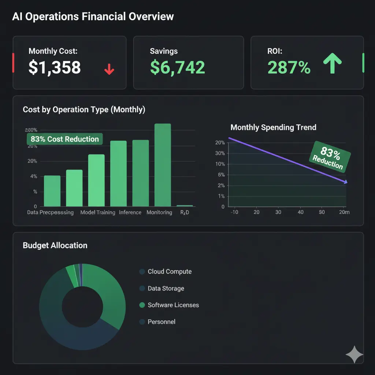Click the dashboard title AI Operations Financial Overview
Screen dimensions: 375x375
tap(93, 16)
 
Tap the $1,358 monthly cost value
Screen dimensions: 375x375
tap(55, 67)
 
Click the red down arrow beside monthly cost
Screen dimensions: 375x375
tap(109, 69)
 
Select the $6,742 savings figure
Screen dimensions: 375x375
tap(177, 67)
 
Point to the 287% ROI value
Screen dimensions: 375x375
tap(289, 67)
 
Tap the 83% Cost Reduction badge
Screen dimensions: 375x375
tap(65, 139)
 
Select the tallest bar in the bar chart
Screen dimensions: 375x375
tap(163, 165)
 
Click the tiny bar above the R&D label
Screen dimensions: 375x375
tap(185, 206)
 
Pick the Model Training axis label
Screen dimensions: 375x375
tap(98, 212)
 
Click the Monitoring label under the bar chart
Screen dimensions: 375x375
tap(159, 212)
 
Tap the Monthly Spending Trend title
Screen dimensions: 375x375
tap(273, 127)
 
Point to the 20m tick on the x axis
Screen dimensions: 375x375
tap(344, 212)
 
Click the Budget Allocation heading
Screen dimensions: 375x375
tap(55, 245)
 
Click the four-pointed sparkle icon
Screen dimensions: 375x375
tap(354, 354)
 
